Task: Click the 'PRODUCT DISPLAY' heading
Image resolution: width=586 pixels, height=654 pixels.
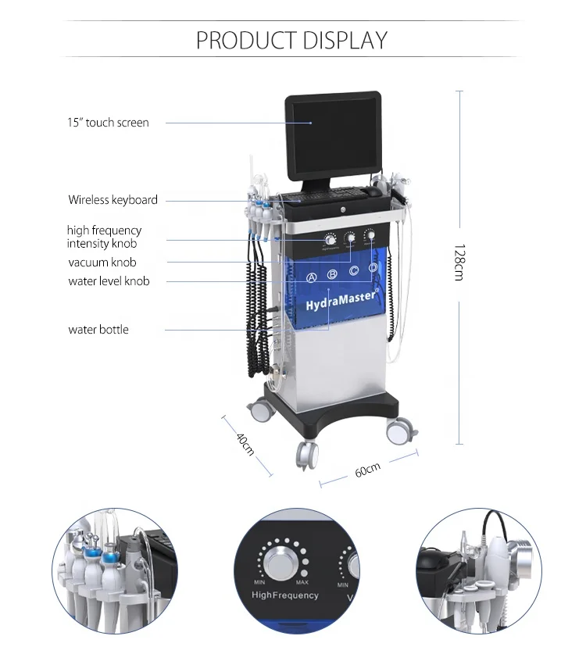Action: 291,40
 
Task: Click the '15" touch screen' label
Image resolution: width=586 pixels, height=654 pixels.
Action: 108,123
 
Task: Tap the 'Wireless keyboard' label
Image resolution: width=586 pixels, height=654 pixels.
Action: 113,200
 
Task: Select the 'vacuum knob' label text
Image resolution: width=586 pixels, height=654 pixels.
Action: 102,263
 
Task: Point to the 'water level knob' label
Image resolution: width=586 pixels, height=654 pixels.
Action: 109,281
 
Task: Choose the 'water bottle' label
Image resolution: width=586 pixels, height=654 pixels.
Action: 98,330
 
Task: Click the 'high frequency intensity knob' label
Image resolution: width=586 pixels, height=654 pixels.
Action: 104,237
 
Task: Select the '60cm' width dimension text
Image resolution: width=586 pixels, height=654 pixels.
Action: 366,469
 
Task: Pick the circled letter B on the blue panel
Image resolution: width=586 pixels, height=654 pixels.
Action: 332,273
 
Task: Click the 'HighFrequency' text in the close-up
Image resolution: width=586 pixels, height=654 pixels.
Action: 285,595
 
